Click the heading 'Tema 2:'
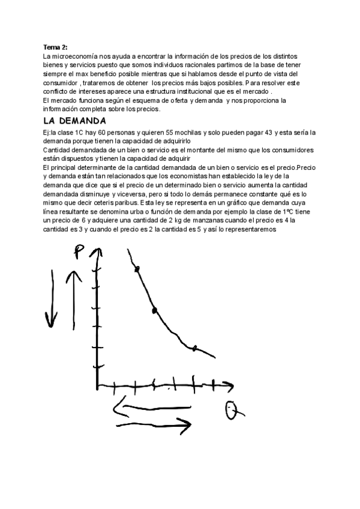(55, 46)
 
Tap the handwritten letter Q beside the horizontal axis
(232, 411)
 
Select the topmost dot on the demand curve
(137, 269)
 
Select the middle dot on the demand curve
(155, 310)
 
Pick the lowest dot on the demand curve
(194, 348)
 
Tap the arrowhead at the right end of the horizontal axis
(230, 385)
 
